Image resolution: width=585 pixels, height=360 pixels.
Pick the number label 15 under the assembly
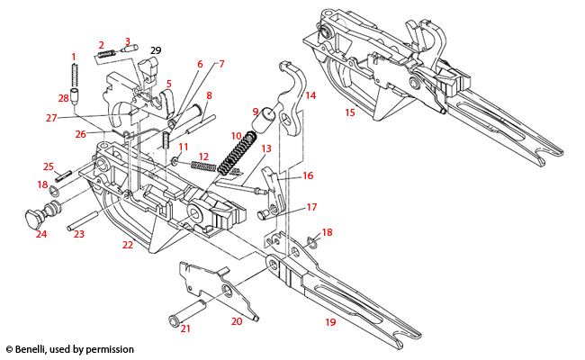click(349, 112)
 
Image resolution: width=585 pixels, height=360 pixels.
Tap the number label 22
click(128, 245)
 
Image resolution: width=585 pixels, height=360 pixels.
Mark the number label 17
click(311, 207)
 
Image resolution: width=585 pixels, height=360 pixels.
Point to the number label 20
click(237, 320)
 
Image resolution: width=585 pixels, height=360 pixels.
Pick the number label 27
click(51, 117)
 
